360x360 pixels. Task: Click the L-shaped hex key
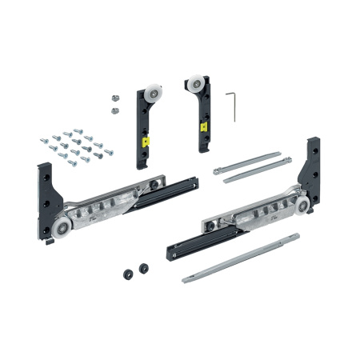(x=233, y=104)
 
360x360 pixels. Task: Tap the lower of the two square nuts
(x=114, y=107)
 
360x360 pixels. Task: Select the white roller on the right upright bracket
(x=194, y=84)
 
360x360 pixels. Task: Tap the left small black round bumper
(x=127, y=273)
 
